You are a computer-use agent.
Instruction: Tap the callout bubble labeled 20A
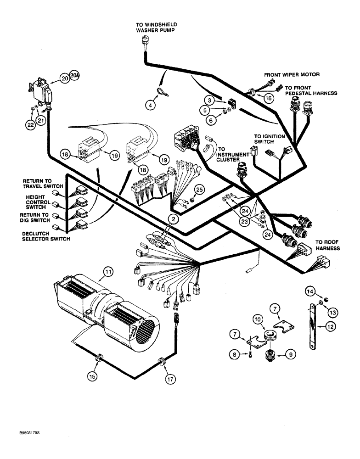(74, 76)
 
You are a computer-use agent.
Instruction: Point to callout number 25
(199, 189)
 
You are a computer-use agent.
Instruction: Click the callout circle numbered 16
(269, 97)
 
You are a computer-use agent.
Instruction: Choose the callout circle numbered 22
(29, 123)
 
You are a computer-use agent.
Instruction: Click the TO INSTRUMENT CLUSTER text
(234, 156)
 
